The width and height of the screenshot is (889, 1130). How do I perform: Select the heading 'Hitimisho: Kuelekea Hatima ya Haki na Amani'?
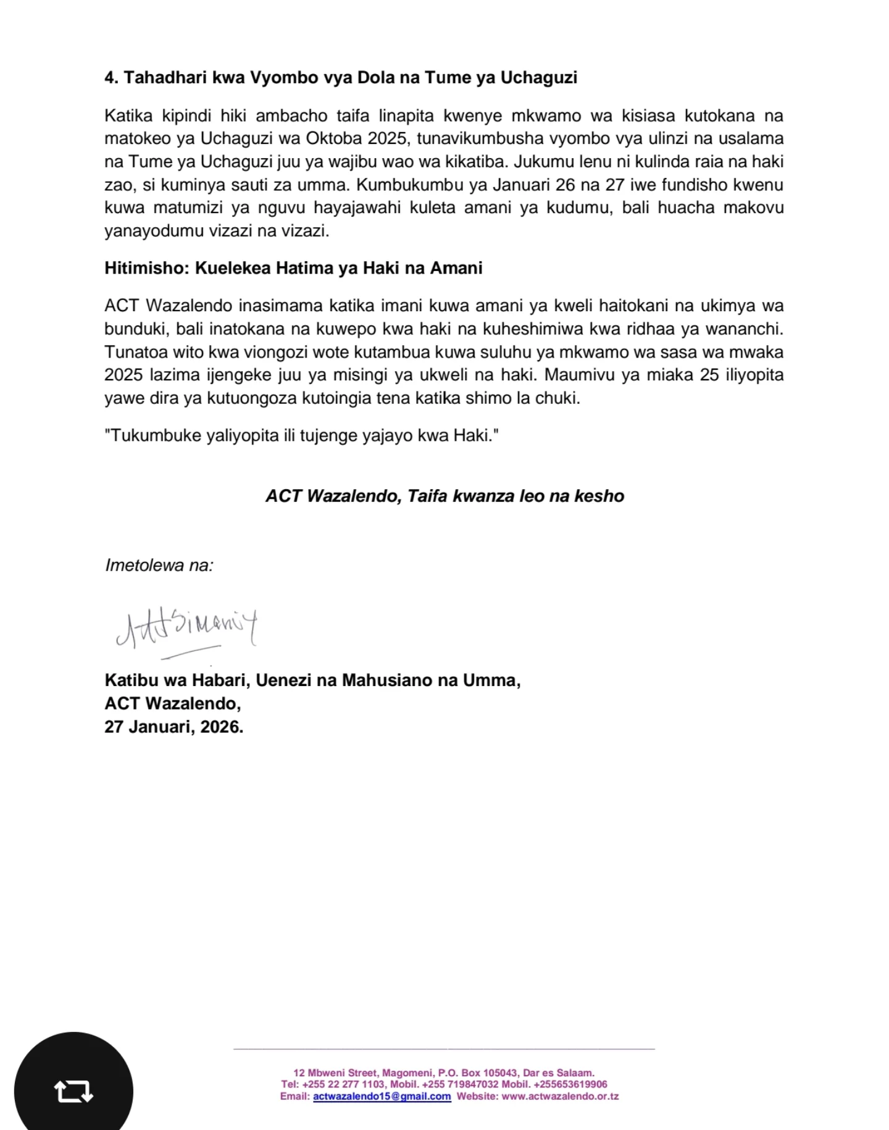click(293, 268)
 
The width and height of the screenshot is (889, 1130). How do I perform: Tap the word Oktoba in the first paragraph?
click(335, 138)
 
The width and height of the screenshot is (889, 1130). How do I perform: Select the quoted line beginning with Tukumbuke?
click(301, 435)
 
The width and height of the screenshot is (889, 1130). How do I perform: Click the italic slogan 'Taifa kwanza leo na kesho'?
click(515, 496)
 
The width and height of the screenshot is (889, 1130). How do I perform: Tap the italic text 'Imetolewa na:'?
click(159, 565)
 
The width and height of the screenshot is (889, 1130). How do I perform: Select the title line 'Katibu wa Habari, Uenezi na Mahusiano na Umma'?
click(312, 680)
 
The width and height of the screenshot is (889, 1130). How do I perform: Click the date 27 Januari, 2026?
click(173, 727)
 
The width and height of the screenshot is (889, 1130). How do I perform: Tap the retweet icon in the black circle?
click(73, 1091)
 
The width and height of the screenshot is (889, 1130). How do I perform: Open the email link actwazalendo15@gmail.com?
click(382, 1097)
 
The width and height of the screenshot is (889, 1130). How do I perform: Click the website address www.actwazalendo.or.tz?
click(560, 1097)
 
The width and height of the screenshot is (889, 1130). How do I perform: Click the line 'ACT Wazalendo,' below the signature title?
click(172, 703)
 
